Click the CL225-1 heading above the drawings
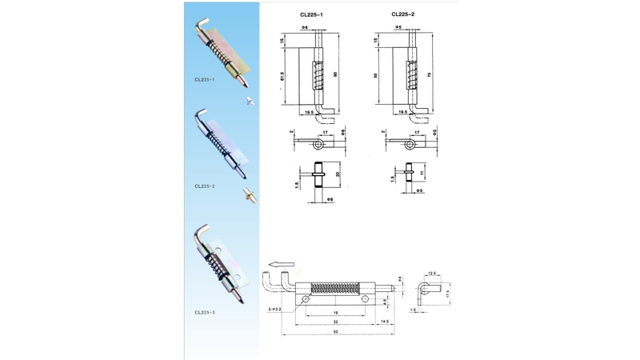point(310,14)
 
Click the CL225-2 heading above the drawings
point(402,14)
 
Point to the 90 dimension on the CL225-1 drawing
point(335,74)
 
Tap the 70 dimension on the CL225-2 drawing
point(429,74)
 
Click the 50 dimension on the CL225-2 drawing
point(376,76)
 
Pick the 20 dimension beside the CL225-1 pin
point(338,174)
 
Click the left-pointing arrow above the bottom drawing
point(281,264)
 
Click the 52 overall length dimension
point(336,330)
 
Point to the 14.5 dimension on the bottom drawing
point(385,321)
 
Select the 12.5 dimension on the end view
point(432,273)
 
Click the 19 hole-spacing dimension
point(334,313)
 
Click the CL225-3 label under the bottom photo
point(204,313)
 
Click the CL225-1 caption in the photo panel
point(204,80)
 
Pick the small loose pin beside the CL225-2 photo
point(250,193)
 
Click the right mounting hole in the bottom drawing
point(365,298)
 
